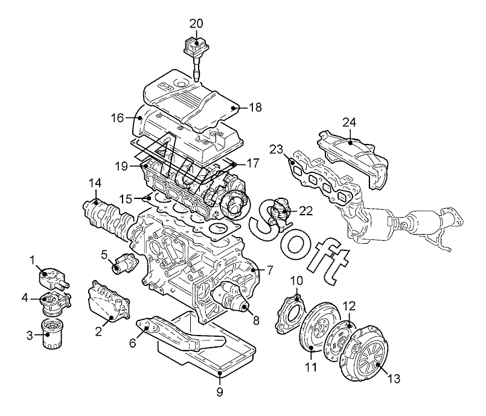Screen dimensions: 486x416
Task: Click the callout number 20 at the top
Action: [196, 24]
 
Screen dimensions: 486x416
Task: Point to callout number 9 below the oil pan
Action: [219, 392]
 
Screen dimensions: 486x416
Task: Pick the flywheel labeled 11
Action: [319, 328]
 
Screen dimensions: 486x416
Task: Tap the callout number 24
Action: [349, 123]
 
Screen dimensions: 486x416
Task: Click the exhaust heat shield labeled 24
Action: [353, 158]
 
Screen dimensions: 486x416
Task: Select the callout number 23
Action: [277, 149]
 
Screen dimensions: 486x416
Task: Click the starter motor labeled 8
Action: [230, 297]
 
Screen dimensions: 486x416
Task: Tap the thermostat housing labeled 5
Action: [123, 263]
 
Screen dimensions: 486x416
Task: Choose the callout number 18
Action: [255, 108]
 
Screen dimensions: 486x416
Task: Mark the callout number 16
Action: [118, 118]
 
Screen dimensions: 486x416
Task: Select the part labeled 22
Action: [280, 212]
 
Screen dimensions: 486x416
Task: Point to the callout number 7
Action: [270, 270]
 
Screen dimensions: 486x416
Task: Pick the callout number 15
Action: [126, 199]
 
